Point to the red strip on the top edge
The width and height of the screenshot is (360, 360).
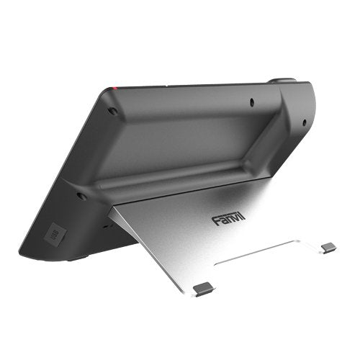(112, 89)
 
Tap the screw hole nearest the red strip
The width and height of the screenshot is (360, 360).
(113, 112)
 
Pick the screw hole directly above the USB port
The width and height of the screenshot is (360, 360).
(81, 195)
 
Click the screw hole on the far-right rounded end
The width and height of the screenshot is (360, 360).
(304, 122)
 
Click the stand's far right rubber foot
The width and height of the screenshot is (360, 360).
(328, 247)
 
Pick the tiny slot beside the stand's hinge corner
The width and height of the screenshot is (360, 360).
(106, 224)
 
